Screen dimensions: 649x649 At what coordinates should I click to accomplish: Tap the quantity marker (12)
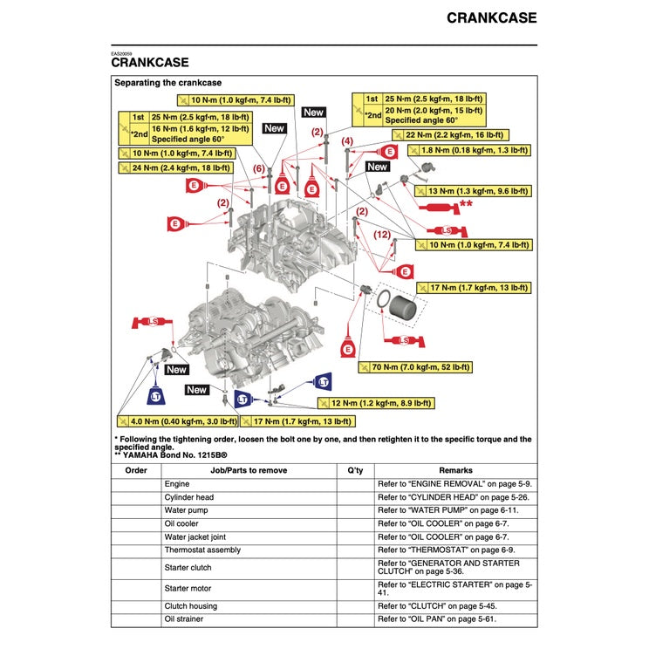pyautogui.click(x=382, y=235)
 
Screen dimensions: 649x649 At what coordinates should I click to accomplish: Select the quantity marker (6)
pyautogui.click(x=259, y=168)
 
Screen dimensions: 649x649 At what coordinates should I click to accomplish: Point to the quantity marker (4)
pyautogui.click(x=347, y=141)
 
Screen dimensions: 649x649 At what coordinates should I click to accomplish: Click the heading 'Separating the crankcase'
pyautogui.click(x=167, y=83)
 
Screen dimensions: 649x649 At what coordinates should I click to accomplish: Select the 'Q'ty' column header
pyautogui.click(x=354, y=470)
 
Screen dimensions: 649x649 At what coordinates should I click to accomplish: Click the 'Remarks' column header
pyautogui.click(x=455, y=470)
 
